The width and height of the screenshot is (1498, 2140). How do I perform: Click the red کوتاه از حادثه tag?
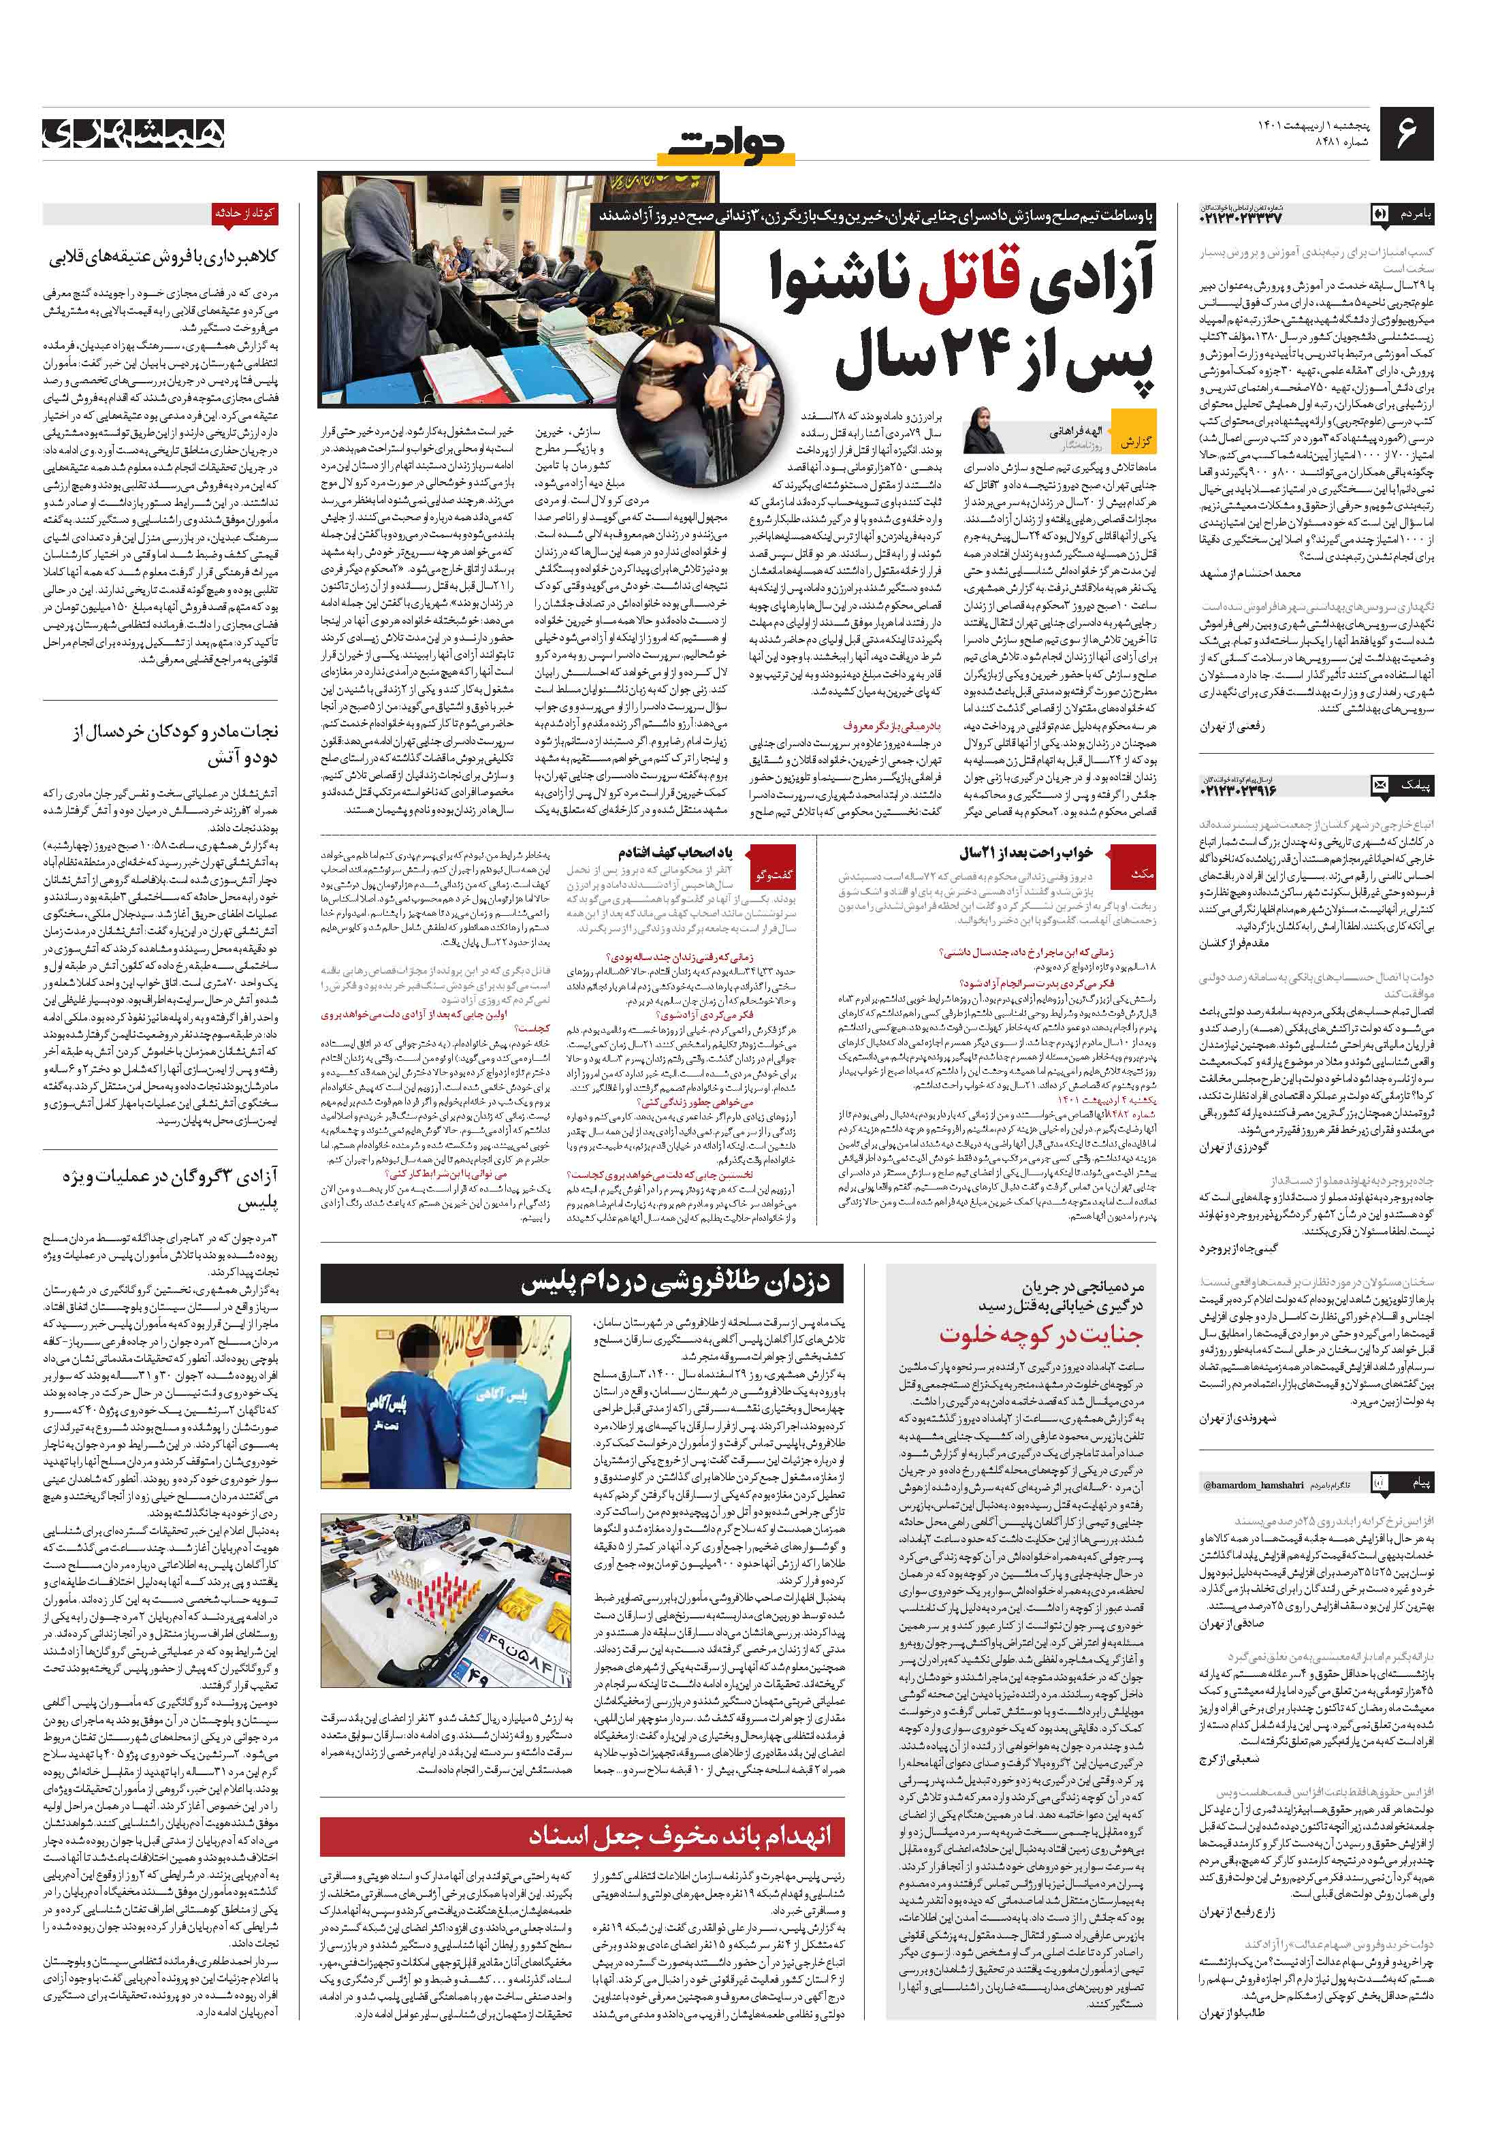(244, 213)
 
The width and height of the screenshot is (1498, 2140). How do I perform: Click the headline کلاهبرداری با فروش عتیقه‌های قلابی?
(163, 257)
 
